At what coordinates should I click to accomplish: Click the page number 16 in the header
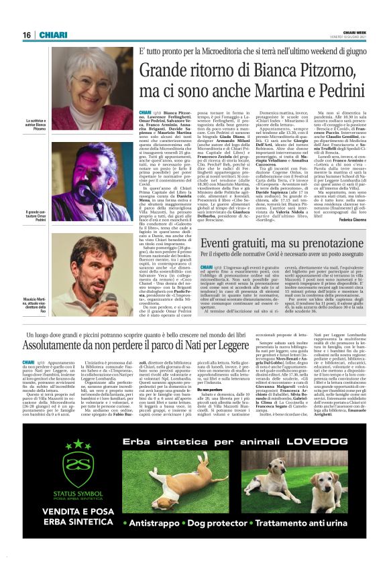click(27, 35)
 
